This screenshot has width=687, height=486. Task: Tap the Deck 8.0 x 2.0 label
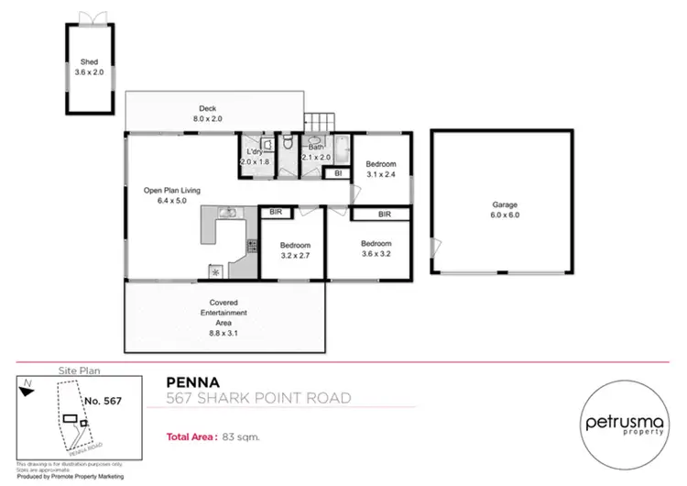(207, 114)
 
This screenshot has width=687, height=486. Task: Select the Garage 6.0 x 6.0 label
(501, 210)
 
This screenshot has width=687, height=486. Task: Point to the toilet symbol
(288, 144)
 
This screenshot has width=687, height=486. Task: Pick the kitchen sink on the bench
(228, 214)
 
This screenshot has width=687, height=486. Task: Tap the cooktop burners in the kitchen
(251, 245)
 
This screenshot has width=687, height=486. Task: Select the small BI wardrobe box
(338, 172)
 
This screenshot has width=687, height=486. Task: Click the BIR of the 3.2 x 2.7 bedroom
(275, 213)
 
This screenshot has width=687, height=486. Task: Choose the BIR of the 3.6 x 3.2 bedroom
(385, 214)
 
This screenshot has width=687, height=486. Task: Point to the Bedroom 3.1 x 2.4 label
(380, 169)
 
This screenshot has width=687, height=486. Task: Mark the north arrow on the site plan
(29, 388)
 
